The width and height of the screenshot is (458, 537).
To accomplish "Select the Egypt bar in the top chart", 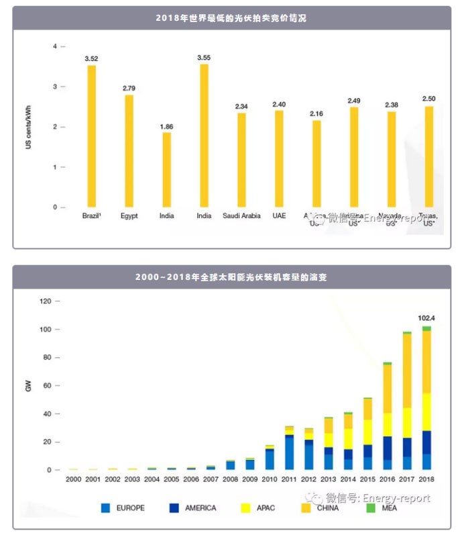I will pyautogui.click(x=129, y=151).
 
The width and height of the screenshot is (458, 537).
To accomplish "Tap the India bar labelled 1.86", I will pyautogui.click(x=167, y=170).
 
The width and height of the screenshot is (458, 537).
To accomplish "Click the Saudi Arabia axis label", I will pyautogui.click(x=241, y=216).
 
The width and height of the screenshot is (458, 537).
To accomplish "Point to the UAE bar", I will pyautogui.click(x=279, y=159).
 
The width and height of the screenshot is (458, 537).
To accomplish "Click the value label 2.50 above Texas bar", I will pyautogui.click(x=428, y=99).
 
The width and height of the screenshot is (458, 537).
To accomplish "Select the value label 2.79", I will pyautogui.click(x=129, y=88).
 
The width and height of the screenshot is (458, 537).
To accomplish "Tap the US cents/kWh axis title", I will pyautogui.click(x=29, y=128).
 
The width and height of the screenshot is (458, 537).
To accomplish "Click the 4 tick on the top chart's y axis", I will pyautogui.click(x=55, y=46).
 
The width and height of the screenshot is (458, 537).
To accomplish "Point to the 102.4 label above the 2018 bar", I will pyautogui.click(x=426, y=318).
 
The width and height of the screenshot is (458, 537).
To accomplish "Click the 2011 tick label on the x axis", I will pyautogui.click(x=289, y=479).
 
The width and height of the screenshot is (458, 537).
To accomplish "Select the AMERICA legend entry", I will pyautogui.click(x=194, y=508).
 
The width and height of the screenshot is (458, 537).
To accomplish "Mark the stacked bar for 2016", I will pyautogui.click(x=388, y=416).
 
